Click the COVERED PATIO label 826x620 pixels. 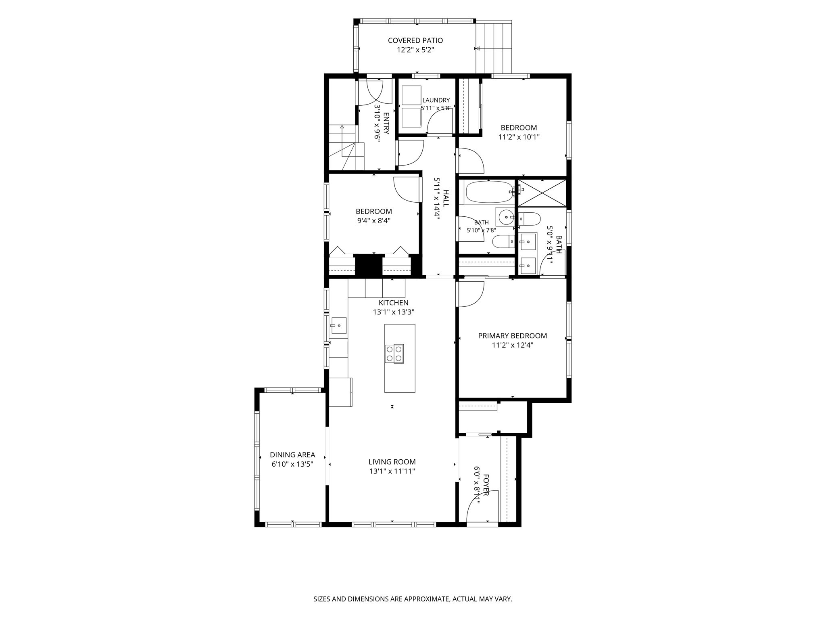(x=415, y=40)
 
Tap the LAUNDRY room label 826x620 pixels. (x=436, y=100)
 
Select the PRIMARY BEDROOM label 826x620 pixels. (x=513, y=336)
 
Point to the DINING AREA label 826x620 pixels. (x=292, y=455)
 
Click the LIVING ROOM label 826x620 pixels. (x=392, y=462)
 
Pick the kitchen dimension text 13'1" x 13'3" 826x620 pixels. (x=394, y=312)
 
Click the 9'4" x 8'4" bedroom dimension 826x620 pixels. (x=374, y=221)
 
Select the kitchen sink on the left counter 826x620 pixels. (x=339, y=325)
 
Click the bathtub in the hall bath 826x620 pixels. (x=489, y=193)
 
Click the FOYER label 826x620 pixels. (x=486, y=485)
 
